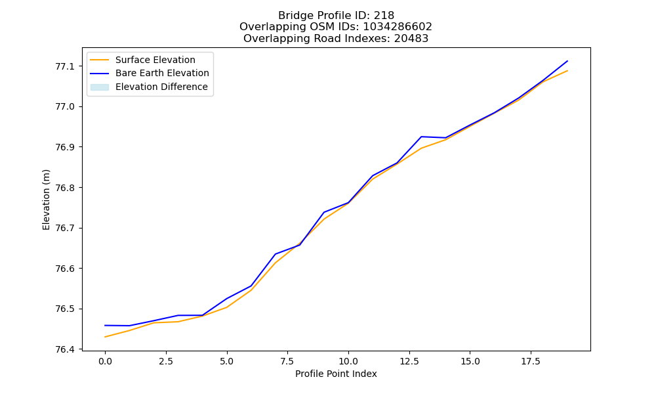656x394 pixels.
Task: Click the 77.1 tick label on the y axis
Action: [64, 66]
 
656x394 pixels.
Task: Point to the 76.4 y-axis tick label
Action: [64, 349]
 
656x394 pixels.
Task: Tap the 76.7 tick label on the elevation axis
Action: [64, 229]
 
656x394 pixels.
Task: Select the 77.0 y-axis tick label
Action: [64, 107]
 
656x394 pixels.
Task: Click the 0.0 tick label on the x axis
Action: [105, 361]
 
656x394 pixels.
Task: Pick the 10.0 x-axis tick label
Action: [348, 361]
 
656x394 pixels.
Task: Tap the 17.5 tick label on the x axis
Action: [531, 361]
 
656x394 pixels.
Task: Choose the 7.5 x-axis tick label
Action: [287, 361]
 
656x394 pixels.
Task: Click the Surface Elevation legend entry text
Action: [155, 60]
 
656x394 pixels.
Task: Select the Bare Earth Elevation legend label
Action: [162, 73]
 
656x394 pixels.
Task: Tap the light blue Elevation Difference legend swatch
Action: [100, 87]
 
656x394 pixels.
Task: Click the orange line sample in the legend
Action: [100, 60]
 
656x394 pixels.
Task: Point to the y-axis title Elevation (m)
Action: [46, 200]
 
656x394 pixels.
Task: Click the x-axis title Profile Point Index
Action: [336, 374]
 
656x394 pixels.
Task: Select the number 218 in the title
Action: [384, 16]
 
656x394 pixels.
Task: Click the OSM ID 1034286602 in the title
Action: [398, 27]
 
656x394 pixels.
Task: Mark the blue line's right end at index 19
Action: [567, 61]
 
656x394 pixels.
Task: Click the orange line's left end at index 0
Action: [105, 337]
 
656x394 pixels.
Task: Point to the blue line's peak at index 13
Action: [421, 137]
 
